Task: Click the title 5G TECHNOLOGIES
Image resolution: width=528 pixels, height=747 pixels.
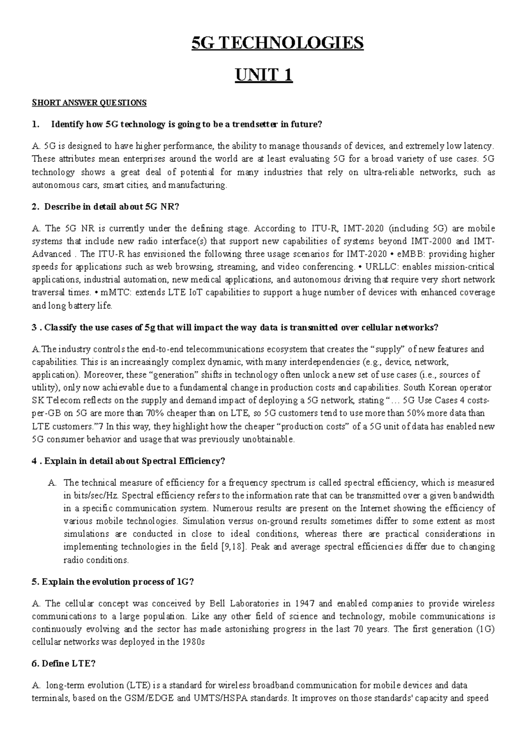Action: [x=278, y=43]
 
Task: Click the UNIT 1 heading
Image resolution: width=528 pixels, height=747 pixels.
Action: [x=264, y=76]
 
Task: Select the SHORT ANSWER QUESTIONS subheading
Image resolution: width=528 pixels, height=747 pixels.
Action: [x=89, y=103]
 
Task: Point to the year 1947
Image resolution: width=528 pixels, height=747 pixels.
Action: [x=305, y=603]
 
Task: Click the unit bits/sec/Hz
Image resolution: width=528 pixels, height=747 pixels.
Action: [x=90, y=495]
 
